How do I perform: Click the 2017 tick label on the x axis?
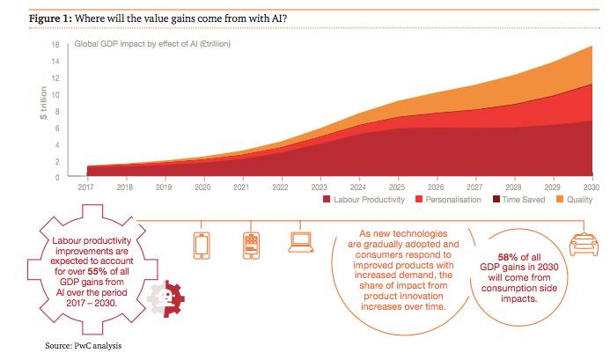pos(87,187)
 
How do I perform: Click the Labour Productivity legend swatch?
pos(327,201)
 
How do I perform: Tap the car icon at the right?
pos(584,242)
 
